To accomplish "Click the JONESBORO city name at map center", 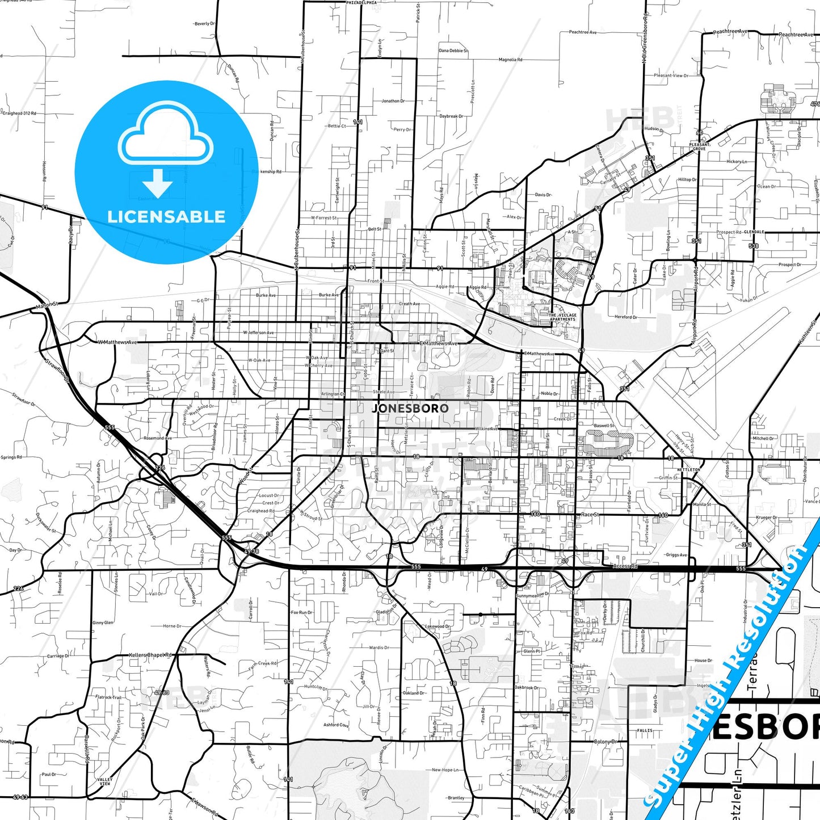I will click(x=410, y=408).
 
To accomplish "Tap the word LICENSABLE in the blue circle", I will click(x=166, y=217).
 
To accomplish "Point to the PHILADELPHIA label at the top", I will click(x=361, y=3).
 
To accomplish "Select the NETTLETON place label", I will click(x=688, y=470).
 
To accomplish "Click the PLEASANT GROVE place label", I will click(x=699, y=147).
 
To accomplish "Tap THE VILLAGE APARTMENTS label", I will click(x=562, y=317).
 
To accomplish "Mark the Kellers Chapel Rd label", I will click(x=150, y=655).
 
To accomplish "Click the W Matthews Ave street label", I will click(x=117, y=342).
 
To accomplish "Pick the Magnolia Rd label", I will click(x=510, y=60).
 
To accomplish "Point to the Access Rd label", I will click(x=625, y=566).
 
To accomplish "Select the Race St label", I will click(x=590, y=515).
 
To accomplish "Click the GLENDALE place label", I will click(x=754, y=232).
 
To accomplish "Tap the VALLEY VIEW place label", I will click(x=104, y=781).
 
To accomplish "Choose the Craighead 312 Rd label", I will click(x=19, y=113).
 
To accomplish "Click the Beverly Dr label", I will click(x=204, y=24).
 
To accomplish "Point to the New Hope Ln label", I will click(x=445, y=770).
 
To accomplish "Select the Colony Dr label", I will click(x=604, y=742).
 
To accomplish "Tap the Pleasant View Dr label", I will click(x=671, y=75).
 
